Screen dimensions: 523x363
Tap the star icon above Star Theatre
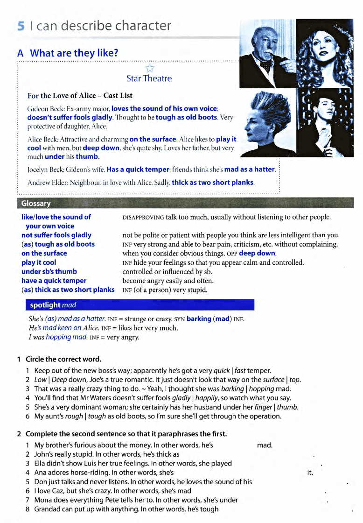149,68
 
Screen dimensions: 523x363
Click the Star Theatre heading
149,78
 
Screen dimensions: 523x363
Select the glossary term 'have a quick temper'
54,281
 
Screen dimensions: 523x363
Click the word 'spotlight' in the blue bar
45,305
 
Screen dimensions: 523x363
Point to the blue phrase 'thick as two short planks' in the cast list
213,182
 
